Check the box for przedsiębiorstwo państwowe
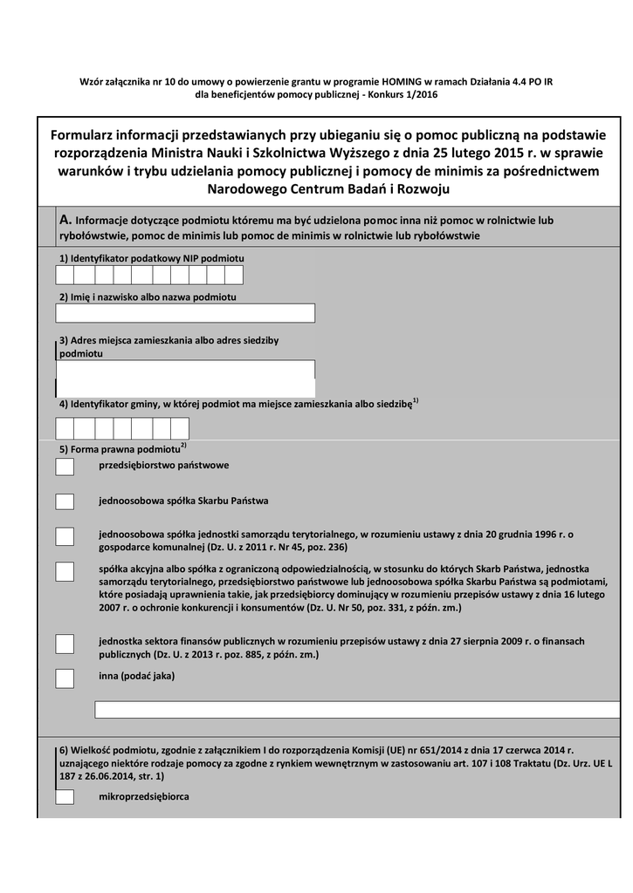[65, 467]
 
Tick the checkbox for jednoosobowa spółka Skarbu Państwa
[65, 501]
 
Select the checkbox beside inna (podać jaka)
[65, 678]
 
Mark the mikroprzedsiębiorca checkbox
[65, 797]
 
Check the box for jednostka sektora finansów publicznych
[65, 644]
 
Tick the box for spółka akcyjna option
[65, 571]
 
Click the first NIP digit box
[65, 276]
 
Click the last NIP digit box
[233, 276]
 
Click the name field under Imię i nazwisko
[185, 313]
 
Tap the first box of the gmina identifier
[65, 428]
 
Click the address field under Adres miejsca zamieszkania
[185, 378]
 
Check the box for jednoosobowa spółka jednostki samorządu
[65, 536]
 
